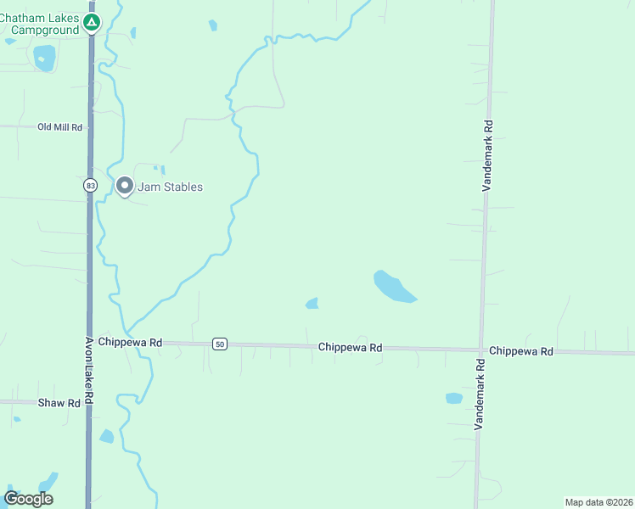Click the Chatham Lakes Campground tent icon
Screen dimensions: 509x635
[92, 22]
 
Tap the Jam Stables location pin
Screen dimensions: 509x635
[125, 186]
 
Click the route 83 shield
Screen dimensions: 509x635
[90, 185]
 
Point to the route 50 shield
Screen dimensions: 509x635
[220, 344]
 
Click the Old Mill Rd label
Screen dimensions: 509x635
[59, 127]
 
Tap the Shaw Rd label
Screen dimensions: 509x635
[59, 403]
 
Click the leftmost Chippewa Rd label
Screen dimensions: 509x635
[130, 343]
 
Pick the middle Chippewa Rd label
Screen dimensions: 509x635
[350, 347]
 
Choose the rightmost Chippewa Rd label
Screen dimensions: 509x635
[521, 350]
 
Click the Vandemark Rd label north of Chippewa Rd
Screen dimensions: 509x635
[488, 156]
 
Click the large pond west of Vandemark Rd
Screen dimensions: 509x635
[393, 287]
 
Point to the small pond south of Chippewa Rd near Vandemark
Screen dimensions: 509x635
[454, 398]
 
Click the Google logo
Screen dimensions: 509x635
[28, 499]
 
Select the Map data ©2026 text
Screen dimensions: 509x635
[598, 501]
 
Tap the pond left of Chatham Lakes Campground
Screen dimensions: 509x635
[44, 57]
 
